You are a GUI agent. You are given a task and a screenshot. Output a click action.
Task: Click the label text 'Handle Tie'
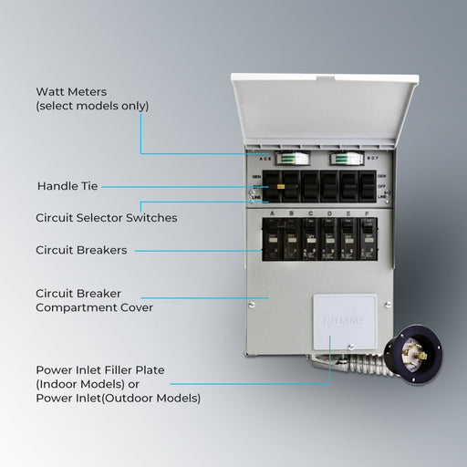click(x=67, y=186)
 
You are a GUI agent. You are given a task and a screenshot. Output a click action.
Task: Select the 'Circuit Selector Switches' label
click(x=106, y=218)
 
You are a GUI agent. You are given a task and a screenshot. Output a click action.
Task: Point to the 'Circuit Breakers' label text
click(x=81, y=250)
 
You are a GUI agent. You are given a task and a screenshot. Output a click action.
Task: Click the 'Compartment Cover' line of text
click(x=94, y=308)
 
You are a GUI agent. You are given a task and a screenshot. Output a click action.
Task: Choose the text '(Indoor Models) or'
click(x=93, y=385)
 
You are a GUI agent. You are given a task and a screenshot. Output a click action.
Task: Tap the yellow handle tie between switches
click(x=281, y=186)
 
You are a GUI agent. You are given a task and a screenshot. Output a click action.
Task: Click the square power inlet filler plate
click(x=344, y=325)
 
